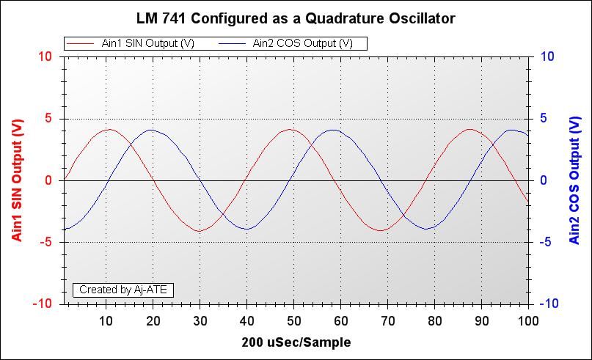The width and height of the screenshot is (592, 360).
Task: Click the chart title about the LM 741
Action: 296,18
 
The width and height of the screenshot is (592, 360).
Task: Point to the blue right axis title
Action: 574,180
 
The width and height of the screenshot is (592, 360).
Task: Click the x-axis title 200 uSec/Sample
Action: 296,342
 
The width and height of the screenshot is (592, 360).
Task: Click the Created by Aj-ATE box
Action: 123,290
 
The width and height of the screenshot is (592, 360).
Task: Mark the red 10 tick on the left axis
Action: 45,56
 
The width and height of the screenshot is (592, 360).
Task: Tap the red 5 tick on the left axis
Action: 48,119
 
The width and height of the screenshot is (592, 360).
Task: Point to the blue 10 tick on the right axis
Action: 547,56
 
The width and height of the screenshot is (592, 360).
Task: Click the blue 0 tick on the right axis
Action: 544,180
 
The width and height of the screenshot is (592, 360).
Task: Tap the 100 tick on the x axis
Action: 527,320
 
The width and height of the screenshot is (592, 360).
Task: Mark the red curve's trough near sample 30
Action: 199,231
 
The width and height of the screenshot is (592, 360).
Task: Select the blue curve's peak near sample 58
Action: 333,131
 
